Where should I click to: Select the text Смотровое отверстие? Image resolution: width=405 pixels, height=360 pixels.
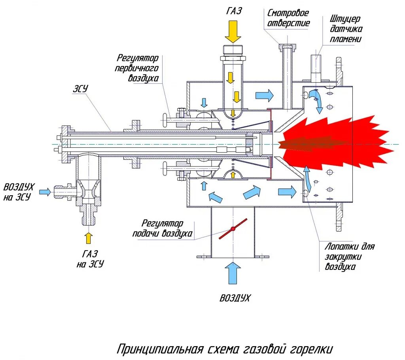point(288,18)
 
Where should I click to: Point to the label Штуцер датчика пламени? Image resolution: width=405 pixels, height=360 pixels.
point(345,29)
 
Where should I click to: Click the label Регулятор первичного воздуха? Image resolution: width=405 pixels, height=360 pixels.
point(138,68)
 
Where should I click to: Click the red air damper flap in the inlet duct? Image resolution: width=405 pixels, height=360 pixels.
point(233,228)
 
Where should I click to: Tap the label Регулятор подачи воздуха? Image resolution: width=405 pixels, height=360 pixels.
point(163,228)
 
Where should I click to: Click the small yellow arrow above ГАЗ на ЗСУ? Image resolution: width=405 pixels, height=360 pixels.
point(88,238)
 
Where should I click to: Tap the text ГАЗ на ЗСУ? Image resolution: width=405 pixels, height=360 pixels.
point(90,259)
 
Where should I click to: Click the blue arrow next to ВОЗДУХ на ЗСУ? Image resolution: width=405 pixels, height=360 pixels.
point(45,192)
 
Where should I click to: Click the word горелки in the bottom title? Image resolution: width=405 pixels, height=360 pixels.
point(312,350)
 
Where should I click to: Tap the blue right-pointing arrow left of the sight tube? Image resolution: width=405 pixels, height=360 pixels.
point(264,95)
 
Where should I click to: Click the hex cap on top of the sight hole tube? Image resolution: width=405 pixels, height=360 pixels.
point(287,47)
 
